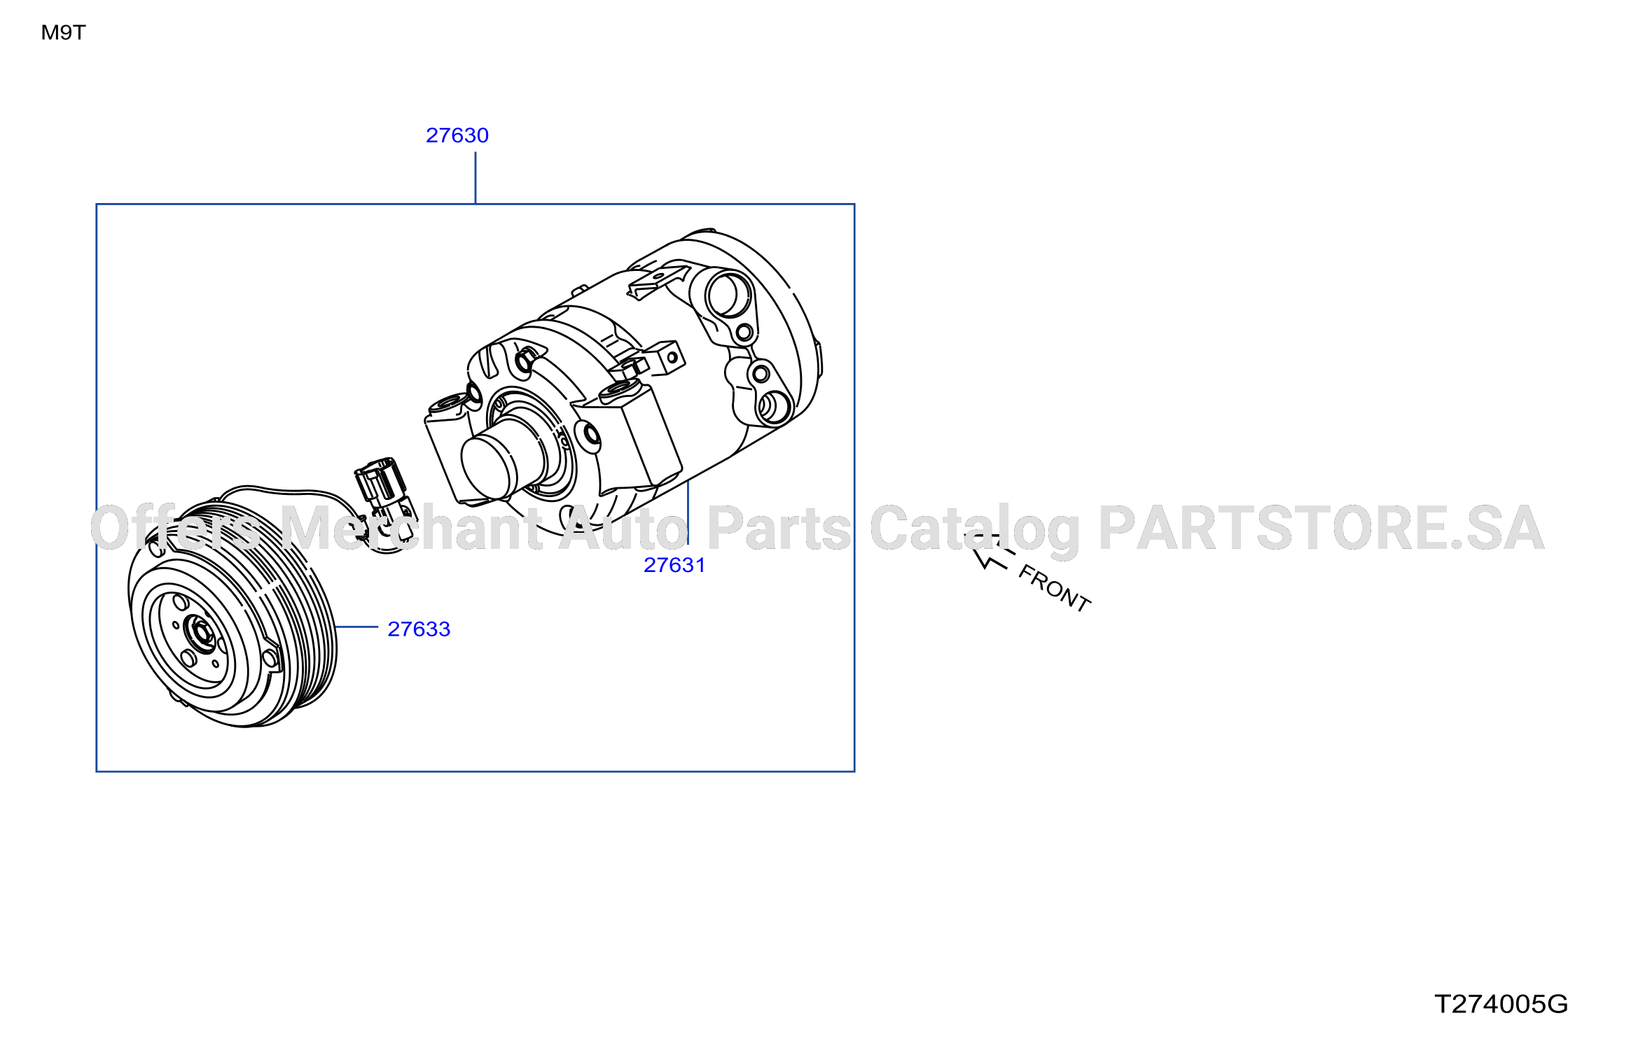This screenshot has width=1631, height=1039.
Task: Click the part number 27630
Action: [457, 135]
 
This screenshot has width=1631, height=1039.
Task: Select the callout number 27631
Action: [674, 565]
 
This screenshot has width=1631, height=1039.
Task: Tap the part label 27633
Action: [419, 629]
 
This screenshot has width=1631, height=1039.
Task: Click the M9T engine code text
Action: [63, 32]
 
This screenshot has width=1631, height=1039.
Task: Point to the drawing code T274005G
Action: [1501, 1004]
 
